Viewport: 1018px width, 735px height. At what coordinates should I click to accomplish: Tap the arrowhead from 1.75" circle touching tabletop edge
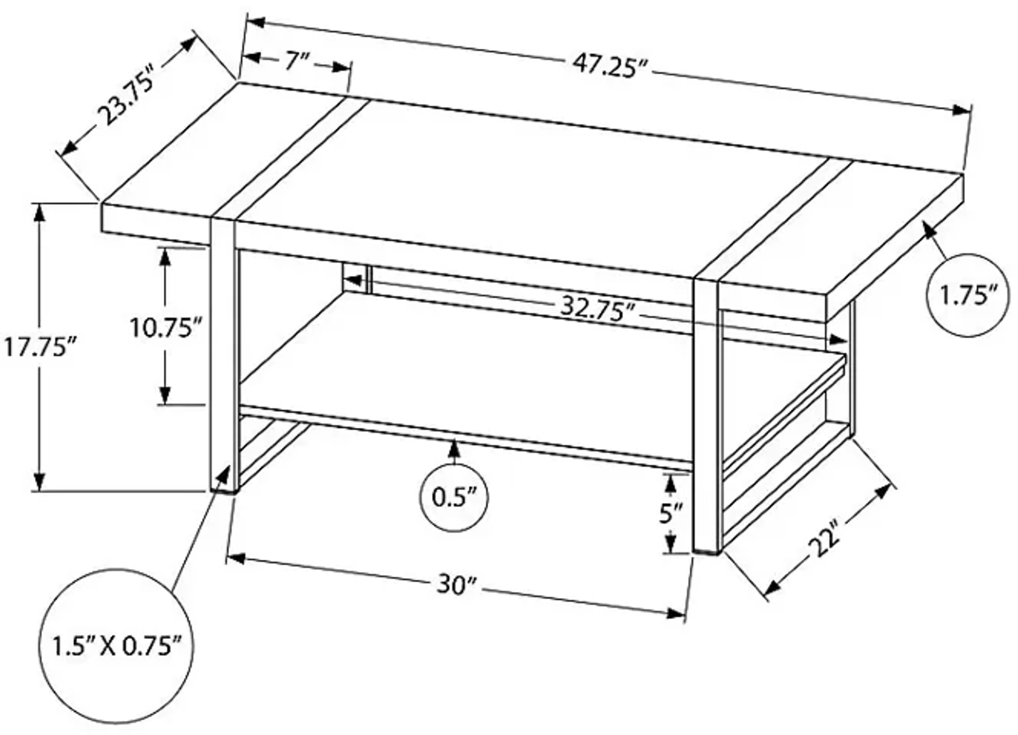pos(929,230)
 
